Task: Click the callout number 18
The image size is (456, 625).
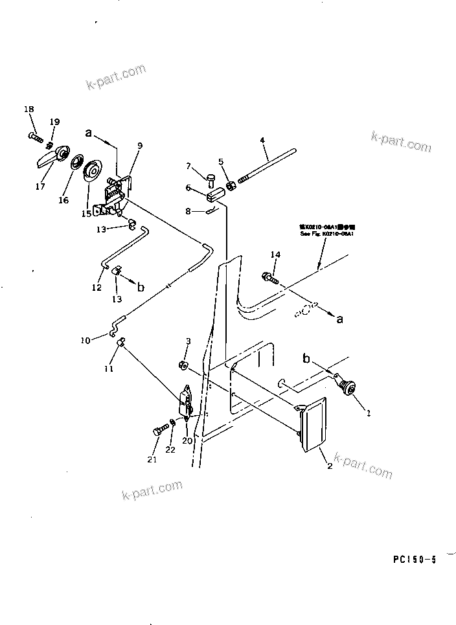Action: coord(28,109)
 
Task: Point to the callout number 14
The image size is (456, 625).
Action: coord(276,255)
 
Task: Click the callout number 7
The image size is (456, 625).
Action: coord(188,166)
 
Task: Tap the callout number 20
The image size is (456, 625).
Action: coord(188,441)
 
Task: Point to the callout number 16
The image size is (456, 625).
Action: coord(63,200)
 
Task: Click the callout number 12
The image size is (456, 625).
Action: coord(97,288)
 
